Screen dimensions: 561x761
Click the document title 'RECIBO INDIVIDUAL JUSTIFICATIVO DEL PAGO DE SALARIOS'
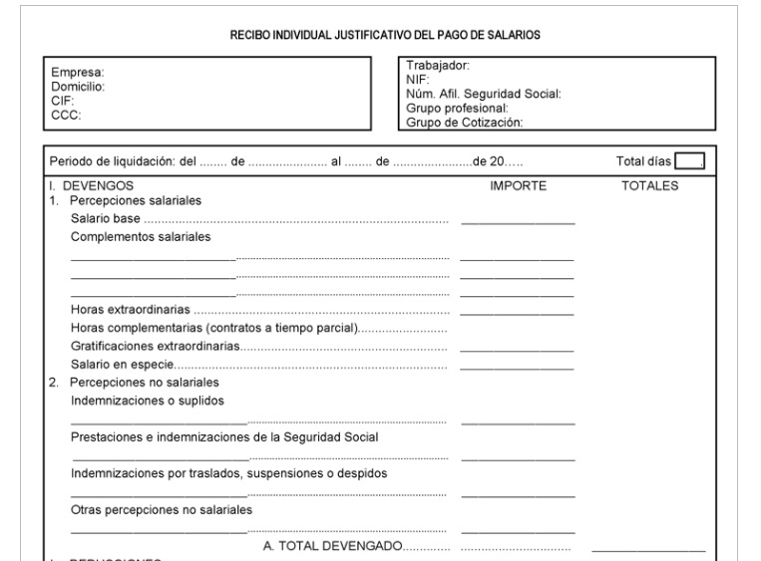(384, 35)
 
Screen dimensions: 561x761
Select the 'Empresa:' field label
(78, 73)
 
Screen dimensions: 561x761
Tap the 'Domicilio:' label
(79, 86)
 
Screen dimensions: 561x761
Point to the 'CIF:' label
(64, 100)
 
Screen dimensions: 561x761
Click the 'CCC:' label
(66, 114)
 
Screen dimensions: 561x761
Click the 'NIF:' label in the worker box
(417, 80)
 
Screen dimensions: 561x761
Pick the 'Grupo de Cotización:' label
(465, 123)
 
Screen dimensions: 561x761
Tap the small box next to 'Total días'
(688, 161)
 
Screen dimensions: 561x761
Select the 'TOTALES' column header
(649, 185)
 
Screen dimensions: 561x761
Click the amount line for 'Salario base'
(518, 221)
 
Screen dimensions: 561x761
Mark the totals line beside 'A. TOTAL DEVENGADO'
(648, 550)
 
